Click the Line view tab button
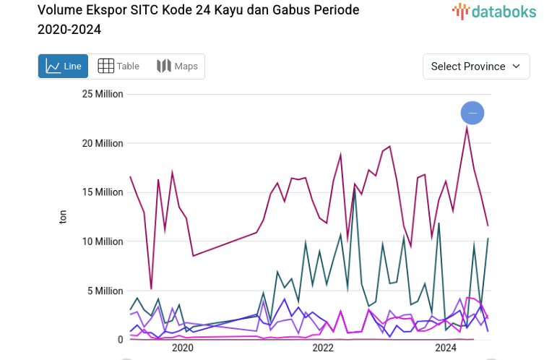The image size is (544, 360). tap(63, 67)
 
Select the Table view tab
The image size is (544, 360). tap(118, 67)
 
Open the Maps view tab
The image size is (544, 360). tap(177, 67)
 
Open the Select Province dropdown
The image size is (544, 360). tap(475, 67)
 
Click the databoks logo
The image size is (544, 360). tap(494, 11)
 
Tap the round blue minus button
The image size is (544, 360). tap(472, 113)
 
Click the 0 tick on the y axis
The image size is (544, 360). tap(120, 340)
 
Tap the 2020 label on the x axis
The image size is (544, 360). tap(183, 348)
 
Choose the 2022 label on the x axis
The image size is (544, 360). tap(322, 348)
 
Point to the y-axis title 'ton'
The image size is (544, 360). tap(63, 216)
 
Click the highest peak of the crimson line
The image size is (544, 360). tap(467, 128)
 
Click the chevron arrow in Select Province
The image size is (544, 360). tap(516, 67)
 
